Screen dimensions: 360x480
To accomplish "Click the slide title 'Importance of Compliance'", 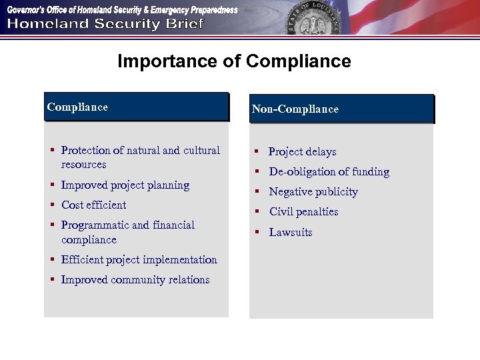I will pos(234,62).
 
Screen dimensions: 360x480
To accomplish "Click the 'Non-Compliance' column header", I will pos(295,109).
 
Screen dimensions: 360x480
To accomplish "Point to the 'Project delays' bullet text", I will pos(302,152).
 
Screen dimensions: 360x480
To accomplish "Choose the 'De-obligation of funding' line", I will pos(329,172).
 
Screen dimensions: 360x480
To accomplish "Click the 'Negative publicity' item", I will pos(313,192).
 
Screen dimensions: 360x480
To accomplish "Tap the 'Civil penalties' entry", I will pos(303,212).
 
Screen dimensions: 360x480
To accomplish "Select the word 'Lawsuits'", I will pos(291,233).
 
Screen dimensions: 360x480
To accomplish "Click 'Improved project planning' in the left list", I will pos(125,185).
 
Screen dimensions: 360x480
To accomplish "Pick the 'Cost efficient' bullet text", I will pos(93,205).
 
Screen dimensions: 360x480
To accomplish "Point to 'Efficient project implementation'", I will pos(139,260).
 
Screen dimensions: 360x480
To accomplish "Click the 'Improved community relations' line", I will pos(135,280).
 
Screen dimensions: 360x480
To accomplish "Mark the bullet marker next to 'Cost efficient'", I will pos(51,205).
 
